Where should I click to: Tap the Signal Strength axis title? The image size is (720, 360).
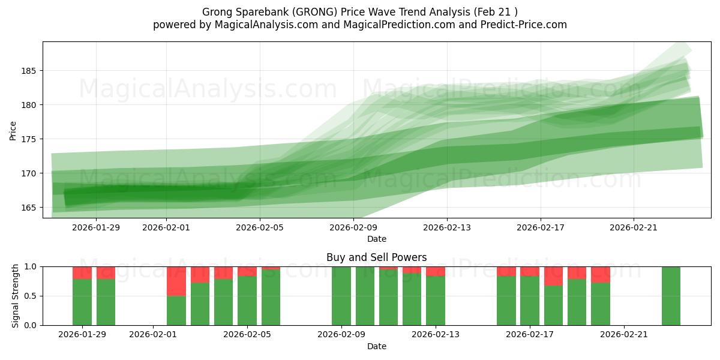[16, 296]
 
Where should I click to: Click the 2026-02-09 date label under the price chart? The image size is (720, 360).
[353, 228]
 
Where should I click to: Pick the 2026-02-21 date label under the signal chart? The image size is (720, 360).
[625, 335]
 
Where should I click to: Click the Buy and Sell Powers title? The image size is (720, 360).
[376, 257]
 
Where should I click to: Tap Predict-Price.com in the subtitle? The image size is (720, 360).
[522, 25]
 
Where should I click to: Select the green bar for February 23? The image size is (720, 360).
[671, 296]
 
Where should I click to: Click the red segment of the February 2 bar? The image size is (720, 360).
[176, 281]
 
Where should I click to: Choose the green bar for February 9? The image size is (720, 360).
[341, 296]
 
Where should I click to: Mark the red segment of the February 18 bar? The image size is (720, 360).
[553, 276]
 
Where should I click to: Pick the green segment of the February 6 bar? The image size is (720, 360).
[271, 298]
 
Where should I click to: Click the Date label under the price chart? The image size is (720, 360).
[377, 239]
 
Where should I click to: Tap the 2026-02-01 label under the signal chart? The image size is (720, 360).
[153, 335]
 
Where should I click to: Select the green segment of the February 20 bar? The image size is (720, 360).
[601, 304]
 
